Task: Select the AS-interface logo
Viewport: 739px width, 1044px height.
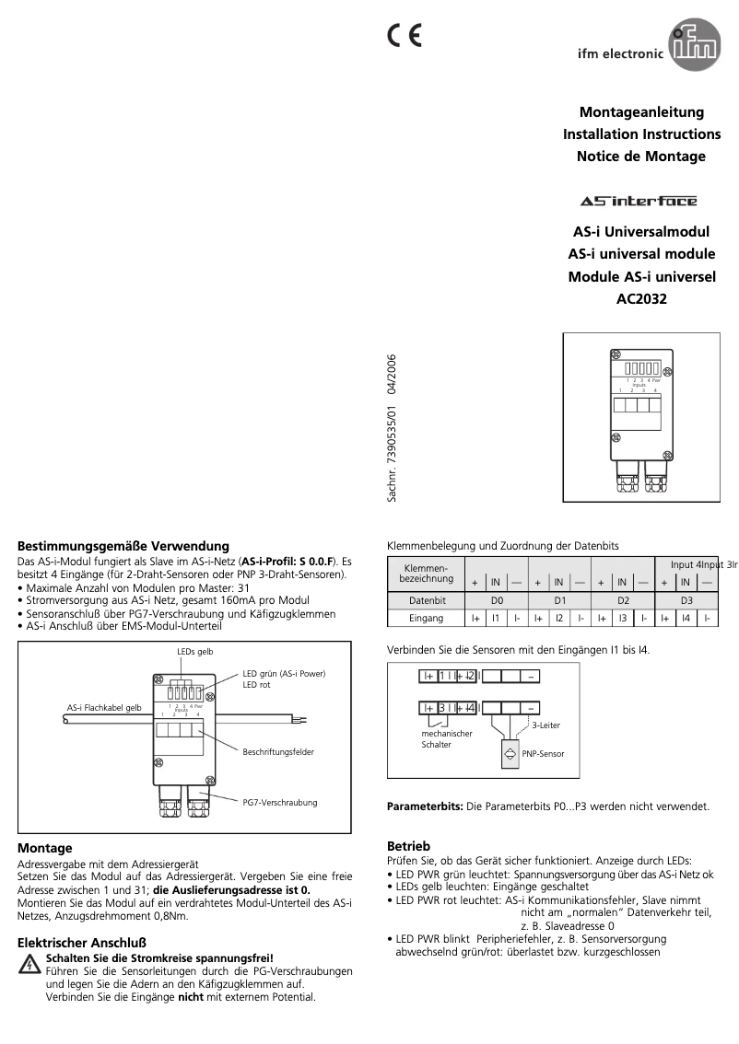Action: [639, 201]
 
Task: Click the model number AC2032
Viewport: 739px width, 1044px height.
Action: [640, 298]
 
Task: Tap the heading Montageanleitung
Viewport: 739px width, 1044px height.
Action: [641, 112]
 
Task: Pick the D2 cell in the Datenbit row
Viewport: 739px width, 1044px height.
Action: [623, 599]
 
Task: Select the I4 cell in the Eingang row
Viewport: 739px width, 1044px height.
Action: [685, 619]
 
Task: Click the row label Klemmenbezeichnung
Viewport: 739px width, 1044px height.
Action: [426, 574]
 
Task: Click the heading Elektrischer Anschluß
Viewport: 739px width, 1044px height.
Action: [82, 943]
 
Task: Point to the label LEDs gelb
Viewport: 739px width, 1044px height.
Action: [194, 651]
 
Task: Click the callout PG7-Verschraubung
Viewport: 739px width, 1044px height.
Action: [279, 803]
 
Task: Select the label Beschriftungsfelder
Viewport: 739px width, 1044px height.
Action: [278, 752]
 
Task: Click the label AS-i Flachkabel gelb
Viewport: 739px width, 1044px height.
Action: [104, 707]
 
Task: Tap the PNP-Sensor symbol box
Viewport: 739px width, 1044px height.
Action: [510, 753]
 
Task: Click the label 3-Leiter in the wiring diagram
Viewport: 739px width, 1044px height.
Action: [545, 725]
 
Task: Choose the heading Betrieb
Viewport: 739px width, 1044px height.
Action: [408, 845]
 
